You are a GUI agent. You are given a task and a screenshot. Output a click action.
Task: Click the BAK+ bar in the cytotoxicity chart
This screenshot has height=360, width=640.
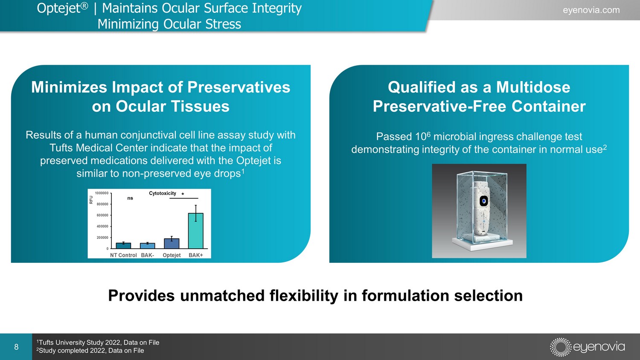(196, 231)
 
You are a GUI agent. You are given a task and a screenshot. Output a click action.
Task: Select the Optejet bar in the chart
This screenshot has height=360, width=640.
(172, 244)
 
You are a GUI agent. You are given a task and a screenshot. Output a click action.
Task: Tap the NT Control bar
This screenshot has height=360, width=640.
(123, 246)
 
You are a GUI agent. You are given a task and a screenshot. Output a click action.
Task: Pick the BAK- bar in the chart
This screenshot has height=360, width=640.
(148, 246)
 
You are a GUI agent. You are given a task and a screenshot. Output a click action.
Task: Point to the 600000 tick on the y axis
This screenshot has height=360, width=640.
(102, 215)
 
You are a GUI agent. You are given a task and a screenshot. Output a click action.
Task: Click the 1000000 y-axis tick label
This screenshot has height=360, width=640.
(102, 193)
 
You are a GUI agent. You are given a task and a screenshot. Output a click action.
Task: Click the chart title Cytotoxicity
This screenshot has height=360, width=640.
(163, 193)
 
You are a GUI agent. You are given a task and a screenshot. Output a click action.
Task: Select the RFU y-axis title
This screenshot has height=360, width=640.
(91, 200)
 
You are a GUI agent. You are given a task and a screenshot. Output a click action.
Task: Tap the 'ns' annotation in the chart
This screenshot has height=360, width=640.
(130, 198)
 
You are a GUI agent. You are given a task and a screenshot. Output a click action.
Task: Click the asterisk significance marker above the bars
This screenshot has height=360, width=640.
(183, 194)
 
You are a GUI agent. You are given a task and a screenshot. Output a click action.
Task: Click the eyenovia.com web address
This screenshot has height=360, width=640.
(591, 10)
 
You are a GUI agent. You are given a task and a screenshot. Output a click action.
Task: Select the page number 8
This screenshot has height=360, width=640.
(16, 347)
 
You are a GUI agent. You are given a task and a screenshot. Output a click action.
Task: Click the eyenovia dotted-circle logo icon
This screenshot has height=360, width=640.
(561, 347)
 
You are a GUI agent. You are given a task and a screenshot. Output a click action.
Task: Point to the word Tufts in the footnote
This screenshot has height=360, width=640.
(46, 342)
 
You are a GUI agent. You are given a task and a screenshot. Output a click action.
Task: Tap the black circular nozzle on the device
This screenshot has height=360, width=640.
(483, 201)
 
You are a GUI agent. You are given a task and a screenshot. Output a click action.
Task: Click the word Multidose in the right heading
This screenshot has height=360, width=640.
(533, 87)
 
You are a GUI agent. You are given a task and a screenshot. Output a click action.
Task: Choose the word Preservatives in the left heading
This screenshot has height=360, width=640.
(239, 87)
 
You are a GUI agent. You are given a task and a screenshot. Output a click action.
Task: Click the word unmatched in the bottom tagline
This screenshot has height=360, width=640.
(222, 296)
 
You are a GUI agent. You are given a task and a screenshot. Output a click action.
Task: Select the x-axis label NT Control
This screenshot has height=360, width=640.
(123, 255)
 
